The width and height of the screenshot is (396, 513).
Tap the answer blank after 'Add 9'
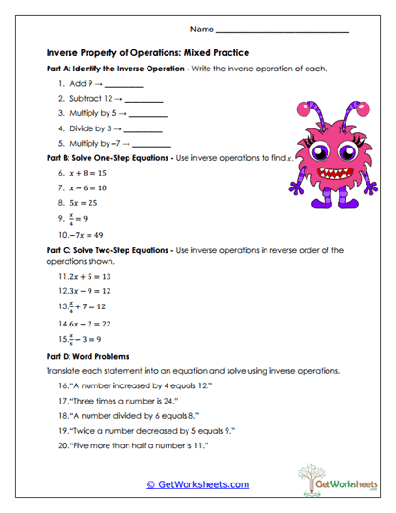124,85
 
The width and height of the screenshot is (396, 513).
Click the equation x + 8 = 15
88,174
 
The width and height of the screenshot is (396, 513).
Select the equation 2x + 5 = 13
92,276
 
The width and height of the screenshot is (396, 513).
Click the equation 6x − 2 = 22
92,325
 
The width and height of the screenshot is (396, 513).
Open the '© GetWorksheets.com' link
197,484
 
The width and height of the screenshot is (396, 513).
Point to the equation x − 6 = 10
88,188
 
